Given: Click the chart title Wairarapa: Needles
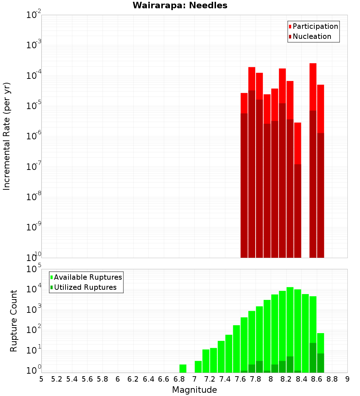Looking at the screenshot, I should coord(180,5).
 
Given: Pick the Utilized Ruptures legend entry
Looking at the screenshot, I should coord(85,287).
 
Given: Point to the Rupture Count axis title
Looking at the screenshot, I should coord(14,320).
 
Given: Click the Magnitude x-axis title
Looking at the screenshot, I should coord(194,390).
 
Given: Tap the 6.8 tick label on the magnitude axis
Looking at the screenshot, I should coord(179,379).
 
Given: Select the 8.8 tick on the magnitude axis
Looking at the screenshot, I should coord(332,379).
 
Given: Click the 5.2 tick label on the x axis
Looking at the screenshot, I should coord(57,379).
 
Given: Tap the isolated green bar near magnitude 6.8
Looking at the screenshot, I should coord(183,368).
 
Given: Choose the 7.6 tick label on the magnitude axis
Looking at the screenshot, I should coord(240,379).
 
